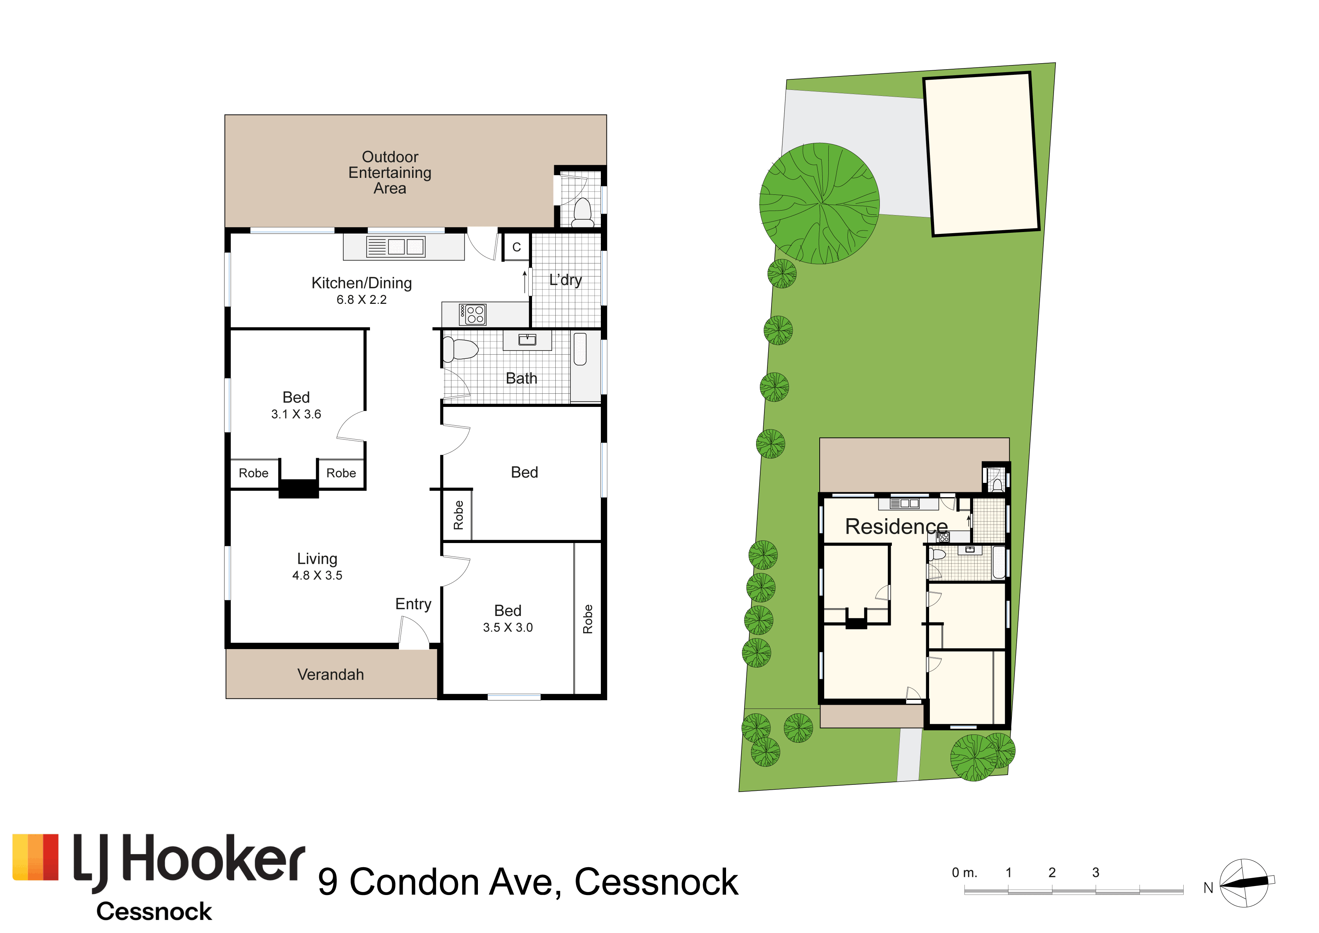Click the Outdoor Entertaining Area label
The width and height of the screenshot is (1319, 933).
pos(390,172)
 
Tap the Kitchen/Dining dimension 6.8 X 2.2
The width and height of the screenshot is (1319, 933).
pos(361,299)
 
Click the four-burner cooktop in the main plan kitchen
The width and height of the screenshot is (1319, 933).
pos(472,314)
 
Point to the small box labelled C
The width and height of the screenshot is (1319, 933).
pos(517,247)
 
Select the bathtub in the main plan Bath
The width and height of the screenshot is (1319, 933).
pos(585,366)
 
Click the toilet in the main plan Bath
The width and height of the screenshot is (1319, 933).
pos(460,349)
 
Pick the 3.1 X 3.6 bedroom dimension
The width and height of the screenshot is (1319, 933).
pos(296,414)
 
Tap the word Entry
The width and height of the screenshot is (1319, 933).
pos(413,604)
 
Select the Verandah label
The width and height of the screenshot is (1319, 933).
pos(331,675)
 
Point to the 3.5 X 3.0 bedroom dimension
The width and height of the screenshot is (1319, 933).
pos(508,627)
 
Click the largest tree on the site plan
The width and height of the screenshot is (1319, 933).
pos(819,203)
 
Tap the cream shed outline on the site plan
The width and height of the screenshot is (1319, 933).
pos(981,154)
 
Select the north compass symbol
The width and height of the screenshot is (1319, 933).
pos(1244,883)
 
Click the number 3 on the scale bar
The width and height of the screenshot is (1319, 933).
pos(1096,873)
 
